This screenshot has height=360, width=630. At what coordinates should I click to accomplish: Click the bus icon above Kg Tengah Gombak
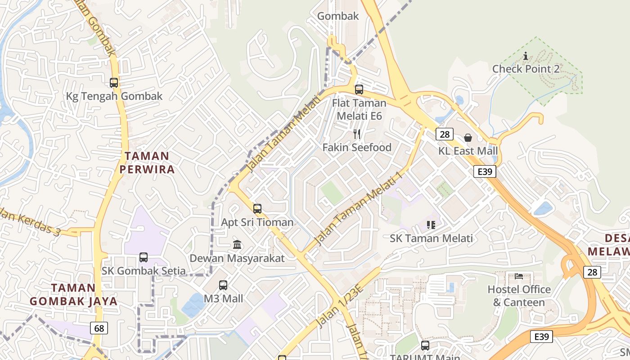(x=114, y=83)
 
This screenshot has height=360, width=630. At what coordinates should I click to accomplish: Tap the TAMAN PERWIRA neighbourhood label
(x=147, y=162)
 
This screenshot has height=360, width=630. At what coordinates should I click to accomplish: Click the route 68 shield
(x=99, y=328)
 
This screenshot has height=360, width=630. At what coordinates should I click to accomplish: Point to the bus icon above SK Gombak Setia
(x=144, y=257)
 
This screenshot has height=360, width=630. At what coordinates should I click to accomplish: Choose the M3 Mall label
(x=223, y=298)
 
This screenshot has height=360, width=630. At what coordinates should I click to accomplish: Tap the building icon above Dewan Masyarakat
(x=237, y=245)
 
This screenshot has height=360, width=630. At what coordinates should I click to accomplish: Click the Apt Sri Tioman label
(x=257, y=222)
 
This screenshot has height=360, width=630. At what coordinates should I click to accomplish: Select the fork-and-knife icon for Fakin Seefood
(x=357, y=134)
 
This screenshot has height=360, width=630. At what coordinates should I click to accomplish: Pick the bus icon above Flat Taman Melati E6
(x=359, y=90)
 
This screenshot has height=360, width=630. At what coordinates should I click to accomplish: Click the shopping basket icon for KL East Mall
(x=468, y=138)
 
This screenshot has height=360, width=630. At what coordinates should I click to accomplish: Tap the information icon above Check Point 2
(x=526, y=56)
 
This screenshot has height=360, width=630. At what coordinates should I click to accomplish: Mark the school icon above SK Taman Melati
(x=431, y=225)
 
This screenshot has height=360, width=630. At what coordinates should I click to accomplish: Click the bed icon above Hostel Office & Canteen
(x=519, y=276)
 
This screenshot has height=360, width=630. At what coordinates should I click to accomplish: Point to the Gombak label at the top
(x=338, y=16)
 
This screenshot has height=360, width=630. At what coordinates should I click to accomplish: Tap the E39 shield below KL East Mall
(x=484, y=171)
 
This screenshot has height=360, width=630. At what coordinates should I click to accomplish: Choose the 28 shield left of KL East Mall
(x=445, y=134)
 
